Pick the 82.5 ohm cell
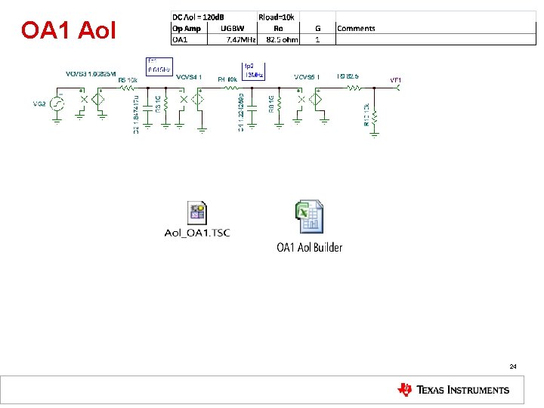(281, 39)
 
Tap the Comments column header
(356, 28)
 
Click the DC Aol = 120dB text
(202, 16)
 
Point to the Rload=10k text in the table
(277, 16)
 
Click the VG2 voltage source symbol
(55, 104)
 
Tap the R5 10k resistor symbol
(126, 88)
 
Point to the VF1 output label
(395, 80)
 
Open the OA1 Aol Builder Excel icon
(308, 218)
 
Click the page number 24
(513, 366)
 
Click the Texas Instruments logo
(453, 390)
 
